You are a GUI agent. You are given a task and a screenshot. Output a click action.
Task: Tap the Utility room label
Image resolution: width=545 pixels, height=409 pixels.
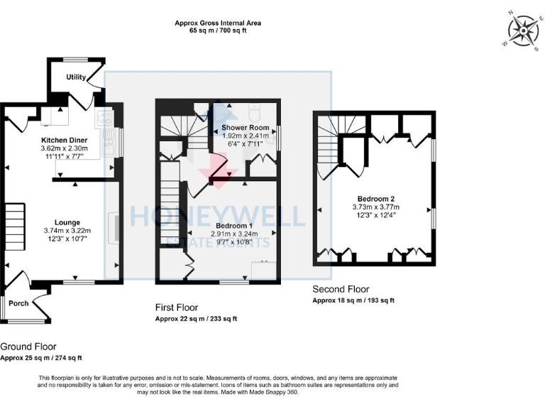coord(76,77)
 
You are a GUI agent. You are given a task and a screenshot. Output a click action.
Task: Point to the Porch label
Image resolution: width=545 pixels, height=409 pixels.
coord(18,303)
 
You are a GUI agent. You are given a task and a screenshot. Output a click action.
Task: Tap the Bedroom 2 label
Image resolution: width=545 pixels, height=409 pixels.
coord(376,198)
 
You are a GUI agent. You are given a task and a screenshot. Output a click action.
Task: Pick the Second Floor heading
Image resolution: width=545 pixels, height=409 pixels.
coord(341,289)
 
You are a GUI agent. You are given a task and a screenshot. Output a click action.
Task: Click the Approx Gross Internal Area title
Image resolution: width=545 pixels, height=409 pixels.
coord(218,23)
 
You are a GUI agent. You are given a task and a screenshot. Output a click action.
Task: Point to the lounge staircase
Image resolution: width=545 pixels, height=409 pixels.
coord(16,223)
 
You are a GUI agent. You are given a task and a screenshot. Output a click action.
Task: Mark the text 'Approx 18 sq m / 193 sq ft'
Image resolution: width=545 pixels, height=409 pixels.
coord(353,301)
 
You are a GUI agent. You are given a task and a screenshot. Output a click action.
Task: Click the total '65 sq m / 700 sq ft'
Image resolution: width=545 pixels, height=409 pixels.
coord(218,32)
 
